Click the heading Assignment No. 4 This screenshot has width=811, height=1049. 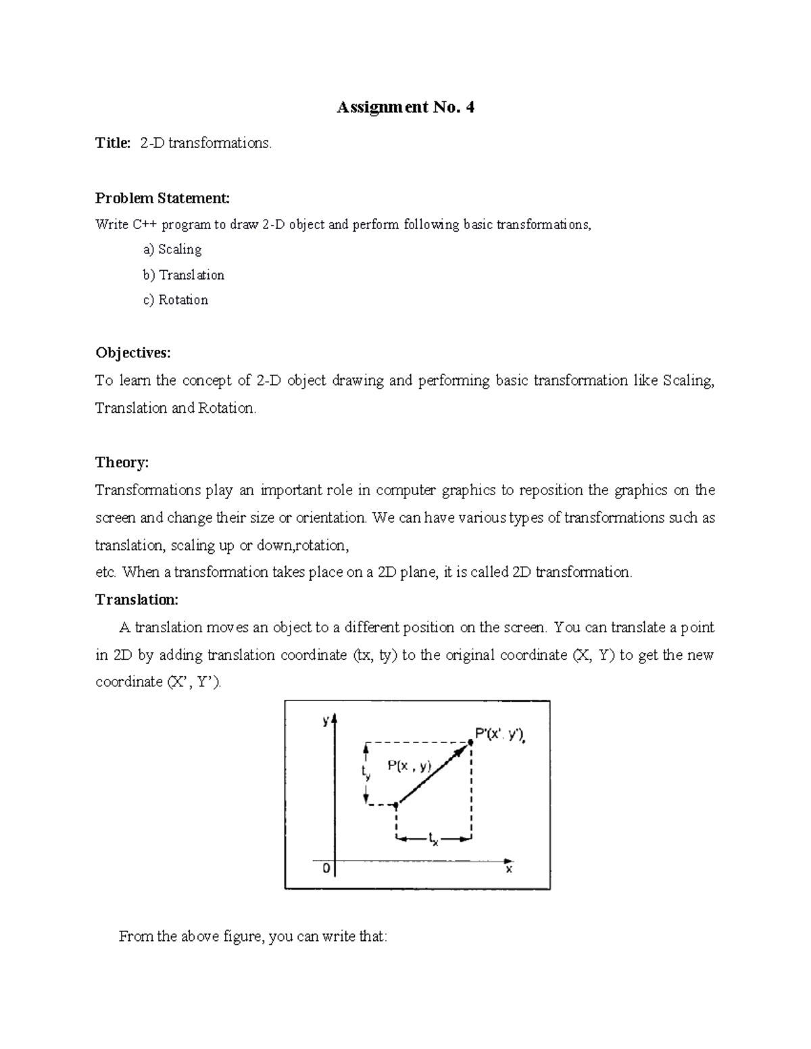(x=405, y=107)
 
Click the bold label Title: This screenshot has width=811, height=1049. (x=113, y=143)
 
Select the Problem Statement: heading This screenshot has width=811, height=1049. (x=162, y=198)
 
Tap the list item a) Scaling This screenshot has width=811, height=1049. (x=172, y=249)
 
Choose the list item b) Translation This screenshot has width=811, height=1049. (x=183, y=275)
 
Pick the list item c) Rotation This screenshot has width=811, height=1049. (x=175, y=300)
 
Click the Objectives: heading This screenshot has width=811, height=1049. (x=133, y=353)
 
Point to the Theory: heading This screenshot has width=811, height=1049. (x=122, y=463)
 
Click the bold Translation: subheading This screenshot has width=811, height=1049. (x=137, y=600)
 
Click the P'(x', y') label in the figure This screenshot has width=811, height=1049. (x=500, y=735)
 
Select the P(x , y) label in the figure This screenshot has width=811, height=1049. (x=409, y=766)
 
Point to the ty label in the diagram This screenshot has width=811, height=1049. (x=366, y=772)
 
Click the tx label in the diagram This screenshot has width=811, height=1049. (x=433, y=840)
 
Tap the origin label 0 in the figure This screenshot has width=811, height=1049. (x=326, y=869)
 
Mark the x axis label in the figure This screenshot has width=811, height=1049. (x=509, y=870)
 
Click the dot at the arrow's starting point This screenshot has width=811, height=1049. (x=397, y=804)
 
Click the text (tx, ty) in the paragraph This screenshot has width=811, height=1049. (x=374, y=655)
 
